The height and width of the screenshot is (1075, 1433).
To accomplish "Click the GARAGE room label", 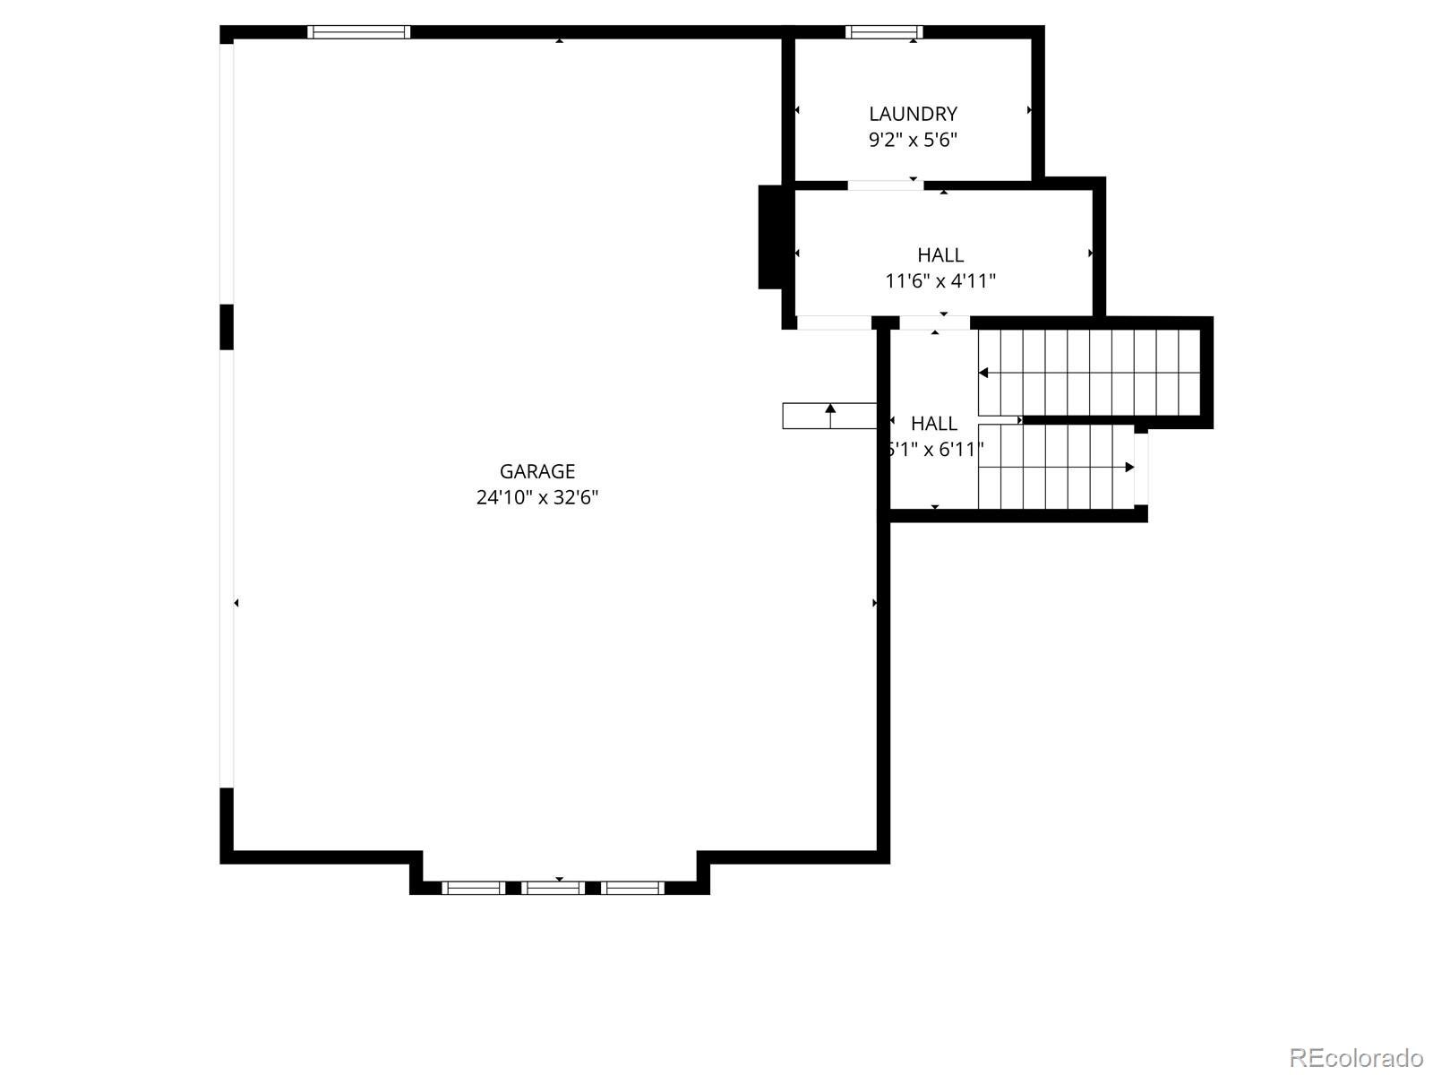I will point(537,471).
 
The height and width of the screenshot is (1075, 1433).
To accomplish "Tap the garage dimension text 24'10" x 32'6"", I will point(537,497).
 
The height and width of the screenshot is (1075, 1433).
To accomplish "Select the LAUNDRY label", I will point(913,114).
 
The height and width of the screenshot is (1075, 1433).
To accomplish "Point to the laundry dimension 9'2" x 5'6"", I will point(913,140).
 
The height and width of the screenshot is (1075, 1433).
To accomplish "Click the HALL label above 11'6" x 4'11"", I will point(940,255).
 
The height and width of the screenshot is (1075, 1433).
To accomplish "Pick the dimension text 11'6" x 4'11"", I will point(940,281).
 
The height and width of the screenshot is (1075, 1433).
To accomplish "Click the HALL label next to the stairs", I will point(934,423).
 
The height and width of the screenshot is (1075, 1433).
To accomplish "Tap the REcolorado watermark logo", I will point(1356,1057).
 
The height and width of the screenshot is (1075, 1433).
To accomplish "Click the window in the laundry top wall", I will point(883,33).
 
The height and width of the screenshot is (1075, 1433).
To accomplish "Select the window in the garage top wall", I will point(358,32).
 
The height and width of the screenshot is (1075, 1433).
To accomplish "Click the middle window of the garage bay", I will point(553,888).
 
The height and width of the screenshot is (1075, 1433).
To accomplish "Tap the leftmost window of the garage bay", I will point(474,888).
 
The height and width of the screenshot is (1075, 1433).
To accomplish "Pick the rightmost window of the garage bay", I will point(632,888).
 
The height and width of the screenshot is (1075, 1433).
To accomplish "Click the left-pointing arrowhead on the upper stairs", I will point(983,373).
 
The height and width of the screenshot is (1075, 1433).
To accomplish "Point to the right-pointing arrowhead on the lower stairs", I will point(1129,468).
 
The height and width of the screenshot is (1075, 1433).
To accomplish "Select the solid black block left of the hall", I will point(771,236).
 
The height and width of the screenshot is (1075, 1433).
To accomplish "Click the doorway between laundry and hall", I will point(885,185).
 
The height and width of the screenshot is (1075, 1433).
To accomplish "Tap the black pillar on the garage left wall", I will point(227,326).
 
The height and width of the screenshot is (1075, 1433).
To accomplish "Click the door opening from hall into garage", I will point(834,322).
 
